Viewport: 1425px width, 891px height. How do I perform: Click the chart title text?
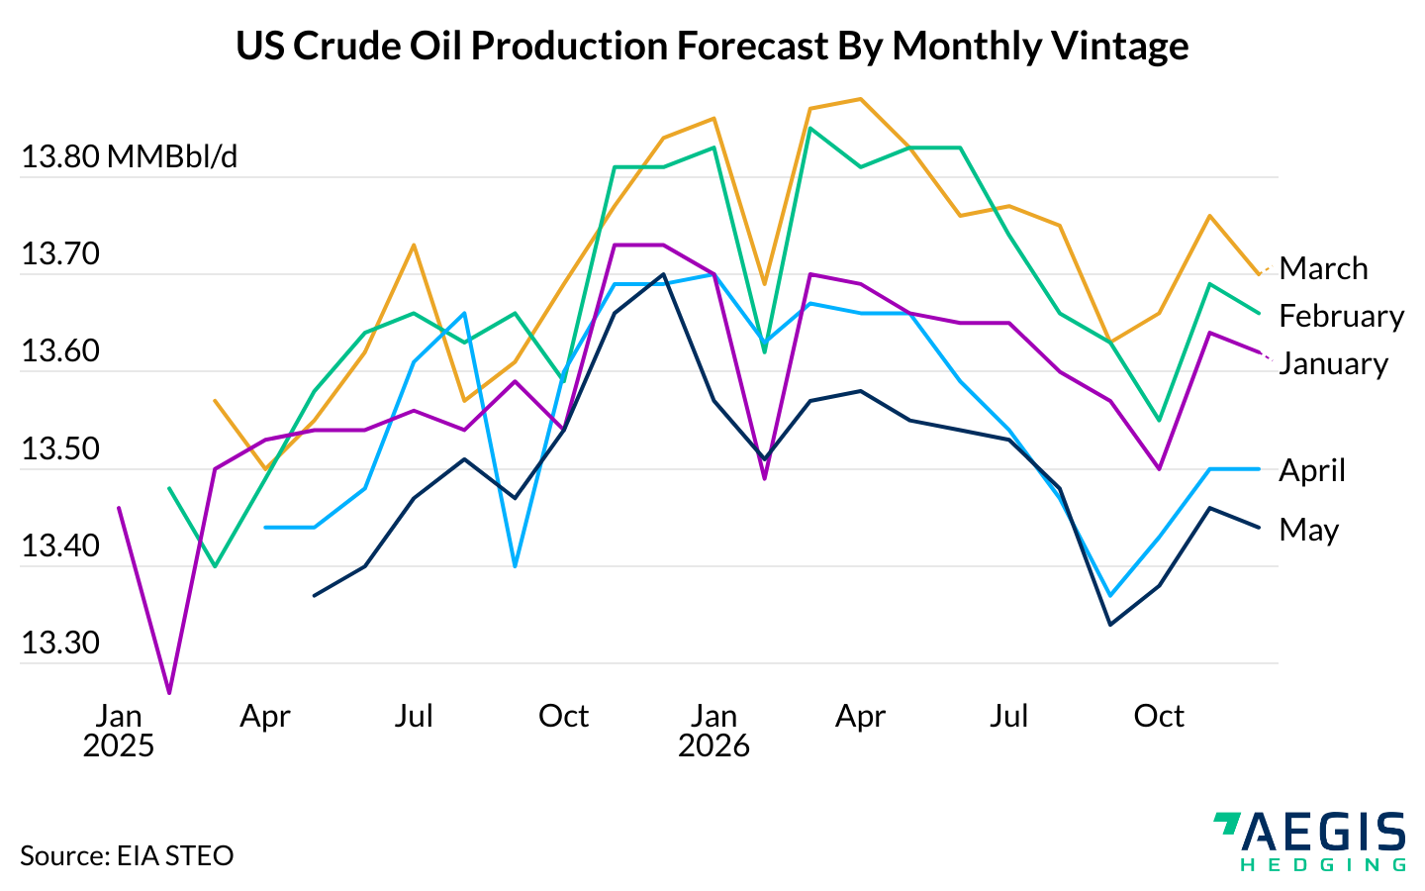click(x=712, y=46)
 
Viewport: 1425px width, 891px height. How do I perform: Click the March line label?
click(x=1323, y=268)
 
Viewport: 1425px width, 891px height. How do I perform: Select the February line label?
click(x=1341, y=316)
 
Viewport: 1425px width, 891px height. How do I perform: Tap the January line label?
click(x=1333, y=363)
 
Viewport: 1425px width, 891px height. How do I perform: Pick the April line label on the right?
click(x=1311, y=470)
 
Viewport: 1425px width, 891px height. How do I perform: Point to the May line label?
click(x=1308, y=530)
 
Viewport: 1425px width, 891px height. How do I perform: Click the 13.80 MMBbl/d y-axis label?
click(x=130, y=157)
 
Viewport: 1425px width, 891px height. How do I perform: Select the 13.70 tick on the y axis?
click(x=60, y=254)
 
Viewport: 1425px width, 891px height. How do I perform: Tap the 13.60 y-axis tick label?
click(x=60, y=351)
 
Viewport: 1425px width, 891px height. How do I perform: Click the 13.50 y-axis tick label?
click(x=60, y=449)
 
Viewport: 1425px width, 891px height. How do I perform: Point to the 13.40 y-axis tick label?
click(x=60, y=546)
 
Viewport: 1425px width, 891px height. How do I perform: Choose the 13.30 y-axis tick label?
click(x=60, y=643)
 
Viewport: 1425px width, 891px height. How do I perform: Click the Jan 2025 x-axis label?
click(x=119, y=731)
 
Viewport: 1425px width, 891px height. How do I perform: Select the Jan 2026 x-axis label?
click(x=713, y=731)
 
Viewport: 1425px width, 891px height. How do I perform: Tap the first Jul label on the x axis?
click(x=414, y=716)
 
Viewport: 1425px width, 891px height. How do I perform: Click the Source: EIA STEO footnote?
click(x=127, y=855)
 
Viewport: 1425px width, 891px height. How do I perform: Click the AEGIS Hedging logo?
click(x=1308, y=841)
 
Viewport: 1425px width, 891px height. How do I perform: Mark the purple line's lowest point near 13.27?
click(x=169, y=693)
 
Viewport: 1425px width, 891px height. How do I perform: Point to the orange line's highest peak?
click(x=860, y=99)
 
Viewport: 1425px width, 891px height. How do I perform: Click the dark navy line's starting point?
click(x=314, y=596)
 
